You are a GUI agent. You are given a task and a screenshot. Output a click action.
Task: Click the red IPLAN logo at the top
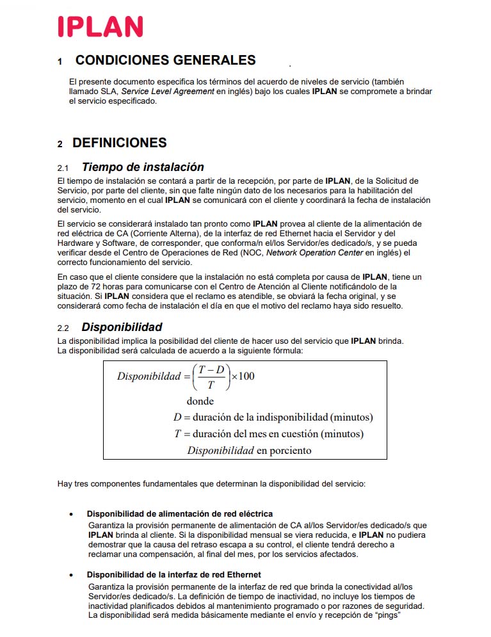point(101,27)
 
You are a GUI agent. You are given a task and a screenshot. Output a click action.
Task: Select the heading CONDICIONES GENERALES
point(165,60)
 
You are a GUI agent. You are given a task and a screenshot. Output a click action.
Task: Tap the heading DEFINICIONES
point(120,143)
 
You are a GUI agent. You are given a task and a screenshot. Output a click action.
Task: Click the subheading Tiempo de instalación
point(143,167)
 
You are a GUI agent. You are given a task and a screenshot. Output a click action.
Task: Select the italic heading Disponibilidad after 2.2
point(122,327)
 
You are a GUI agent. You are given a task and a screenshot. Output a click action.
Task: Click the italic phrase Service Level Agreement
point(167,92)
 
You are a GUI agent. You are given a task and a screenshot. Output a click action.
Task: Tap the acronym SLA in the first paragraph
point(109,92)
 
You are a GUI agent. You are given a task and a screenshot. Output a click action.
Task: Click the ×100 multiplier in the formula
point(243,376)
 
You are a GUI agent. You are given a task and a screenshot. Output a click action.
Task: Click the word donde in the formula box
point(200,401)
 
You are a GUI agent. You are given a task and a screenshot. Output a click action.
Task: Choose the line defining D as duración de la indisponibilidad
point(273,417)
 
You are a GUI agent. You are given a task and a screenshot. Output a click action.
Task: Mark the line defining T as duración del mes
point(269,434)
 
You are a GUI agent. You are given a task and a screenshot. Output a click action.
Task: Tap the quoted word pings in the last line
point(383,616)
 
